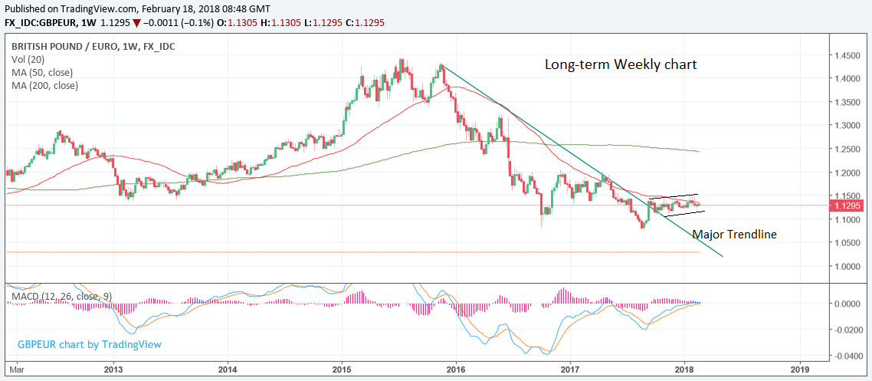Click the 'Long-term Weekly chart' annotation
point(621,64)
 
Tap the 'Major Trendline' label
point(734,234)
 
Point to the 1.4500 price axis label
point(847,56)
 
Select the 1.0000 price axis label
point(847,267)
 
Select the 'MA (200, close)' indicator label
point(44,85)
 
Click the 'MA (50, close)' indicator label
point(41,72)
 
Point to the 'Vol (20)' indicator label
point(29,59)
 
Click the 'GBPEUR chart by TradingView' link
point(89,344)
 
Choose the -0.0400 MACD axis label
point(847,356)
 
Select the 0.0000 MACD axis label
point(847,304)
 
